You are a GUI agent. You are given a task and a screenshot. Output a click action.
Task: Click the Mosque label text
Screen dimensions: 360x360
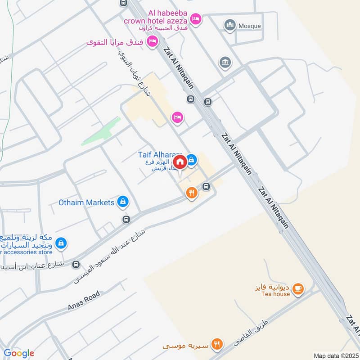pyautogui.click(x=250, y=26)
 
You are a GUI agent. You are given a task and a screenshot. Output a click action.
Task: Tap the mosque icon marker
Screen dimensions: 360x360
pyautogui.click(x=230, y=25)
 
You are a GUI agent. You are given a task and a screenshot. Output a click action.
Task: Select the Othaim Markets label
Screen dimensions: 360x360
pyautogui.click(x=86, y=202)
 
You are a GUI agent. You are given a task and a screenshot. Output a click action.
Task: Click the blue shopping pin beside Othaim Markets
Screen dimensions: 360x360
pyautogui.click(x=122, y=202)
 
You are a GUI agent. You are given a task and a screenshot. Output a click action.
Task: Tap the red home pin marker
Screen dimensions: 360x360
pyautogui.click(x=180, y=162)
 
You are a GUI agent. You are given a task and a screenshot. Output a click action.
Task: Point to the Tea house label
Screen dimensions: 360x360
pyautogui.click(x=279, y=294)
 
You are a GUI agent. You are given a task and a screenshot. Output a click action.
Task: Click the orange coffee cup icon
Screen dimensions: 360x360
pyautogui.click(x=297, y=288)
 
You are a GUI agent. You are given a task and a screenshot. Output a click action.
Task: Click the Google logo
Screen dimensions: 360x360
pyautogui.click(x=19, y=353)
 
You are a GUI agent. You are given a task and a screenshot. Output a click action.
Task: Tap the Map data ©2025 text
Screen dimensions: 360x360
pyautogui.click(x=335, y=356)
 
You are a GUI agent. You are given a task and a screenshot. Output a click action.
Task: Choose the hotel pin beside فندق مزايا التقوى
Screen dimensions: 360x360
pyautogui.click(x=153, y=41)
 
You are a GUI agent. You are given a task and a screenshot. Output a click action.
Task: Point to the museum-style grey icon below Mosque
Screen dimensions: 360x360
pyautogui.click(x=225, y=63)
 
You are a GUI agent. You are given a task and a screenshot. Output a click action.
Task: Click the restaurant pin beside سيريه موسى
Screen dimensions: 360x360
pyautogui.click(x=217, y=344)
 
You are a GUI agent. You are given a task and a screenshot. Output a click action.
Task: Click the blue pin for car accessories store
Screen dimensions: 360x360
pyautogui.click(x=62, y=243)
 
